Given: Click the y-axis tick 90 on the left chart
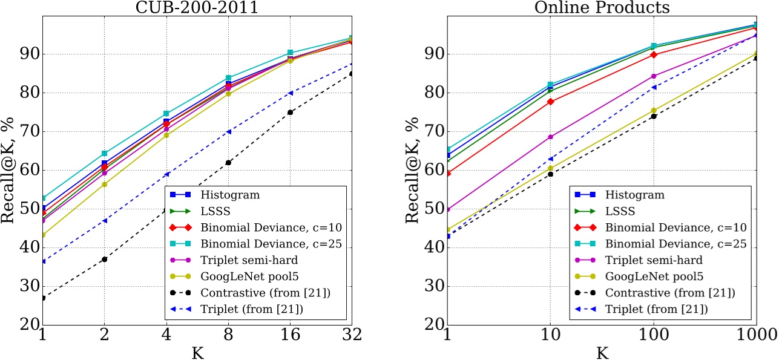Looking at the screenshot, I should (28, 54).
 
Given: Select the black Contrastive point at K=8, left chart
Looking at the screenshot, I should (228, 162).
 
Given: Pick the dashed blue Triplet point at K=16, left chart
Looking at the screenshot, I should (291, 93).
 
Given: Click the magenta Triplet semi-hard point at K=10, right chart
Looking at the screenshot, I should (551, 137).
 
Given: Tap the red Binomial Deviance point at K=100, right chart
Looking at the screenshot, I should (654, 54).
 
